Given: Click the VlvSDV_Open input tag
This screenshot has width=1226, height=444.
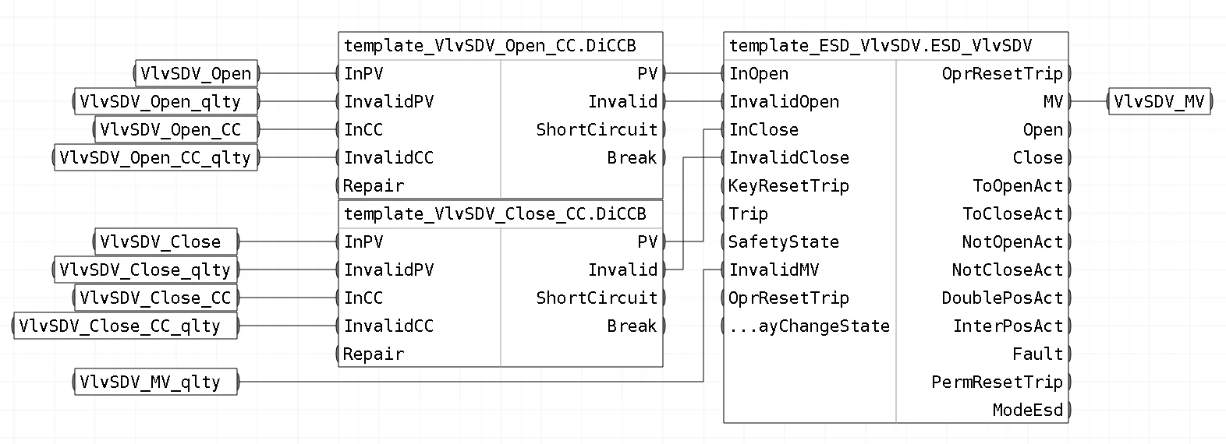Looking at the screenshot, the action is click(x=196, y=73).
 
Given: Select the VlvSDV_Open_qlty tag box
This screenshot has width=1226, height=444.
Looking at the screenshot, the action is click(x=166, y=102).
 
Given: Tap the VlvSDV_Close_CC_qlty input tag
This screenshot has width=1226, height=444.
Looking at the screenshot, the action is click(x=126, y=326).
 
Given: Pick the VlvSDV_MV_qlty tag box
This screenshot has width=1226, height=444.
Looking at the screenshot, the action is click(x=156, y=382).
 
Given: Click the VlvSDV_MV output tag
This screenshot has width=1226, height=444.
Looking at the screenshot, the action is click(x=1160, y=102).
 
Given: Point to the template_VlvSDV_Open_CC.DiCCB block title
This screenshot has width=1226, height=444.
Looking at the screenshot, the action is click(x=490, y=45).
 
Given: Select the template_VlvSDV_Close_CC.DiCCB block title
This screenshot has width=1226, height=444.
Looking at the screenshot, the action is click(x=494, y=213).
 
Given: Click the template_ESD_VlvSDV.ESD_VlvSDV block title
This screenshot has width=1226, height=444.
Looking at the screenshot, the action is click(x=880, y=45).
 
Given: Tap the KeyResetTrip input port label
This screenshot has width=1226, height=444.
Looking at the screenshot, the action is click(x=788, y=186).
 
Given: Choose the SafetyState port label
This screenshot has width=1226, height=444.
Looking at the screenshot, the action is click(x=784, y=241).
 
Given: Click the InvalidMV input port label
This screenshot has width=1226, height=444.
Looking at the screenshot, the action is click(x=774, y=270).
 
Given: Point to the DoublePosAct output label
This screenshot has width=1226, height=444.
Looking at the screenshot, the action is click(x=1002, y=298).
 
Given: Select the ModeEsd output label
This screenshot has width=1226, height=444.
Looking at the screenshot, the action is click(x=1027, y=410).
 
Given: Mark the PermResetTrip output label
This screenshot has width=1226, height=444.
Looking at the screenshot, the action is click(x=997, y=382).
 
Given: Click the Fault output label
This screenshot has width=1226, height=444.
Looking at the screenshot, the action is click(x=1037, y=354).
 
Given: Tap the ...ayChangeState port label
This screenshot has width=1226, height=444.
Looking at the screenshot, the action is click(x=810, y=326).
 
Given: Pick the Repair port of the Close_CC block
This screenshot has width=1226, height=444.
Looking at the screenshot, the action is click(x=374, y=354).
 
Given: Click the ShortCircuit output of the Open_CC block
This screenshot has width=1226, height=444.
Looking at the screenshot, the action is click(x=597, y=129).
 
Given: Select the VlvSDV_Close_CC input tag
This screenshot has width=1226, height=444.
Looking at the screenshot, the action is click(x=156, y=298).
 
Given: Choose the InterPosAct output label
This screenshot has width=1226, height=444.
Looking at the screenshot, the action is click(x=1008, y=326).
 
